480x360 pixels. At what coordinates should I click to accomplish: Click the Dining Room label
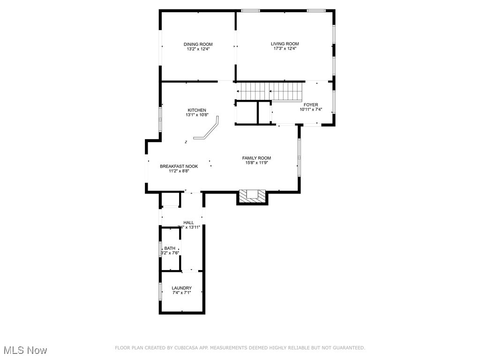click(198, 44)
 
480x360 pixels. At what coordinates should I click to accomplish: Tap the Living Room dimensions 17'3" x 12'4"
click(285, 49)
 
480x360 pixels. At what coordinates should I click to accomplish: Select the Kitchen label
click(197, 110)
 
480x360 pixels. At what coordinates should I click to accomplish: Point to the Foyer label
click(311, 105)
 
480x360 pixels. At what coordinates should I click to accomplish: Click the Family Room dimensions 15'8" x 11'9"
click(256, 163)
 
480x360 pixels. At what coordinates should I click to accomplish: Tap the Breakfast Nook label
click(179, 166)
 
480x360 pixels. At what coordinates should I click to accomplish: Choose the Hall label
click(188, 223)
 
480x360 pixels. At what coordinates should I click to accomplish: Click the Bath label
click(170, 248)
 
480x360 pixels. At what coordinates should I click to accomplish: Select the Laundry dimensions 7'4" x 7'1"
click(181, 293)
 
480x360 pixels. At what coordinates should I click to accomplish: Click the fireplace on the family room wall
click(252, 196)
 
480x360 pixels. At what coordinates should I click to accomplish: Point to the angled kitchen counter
click(209, 130)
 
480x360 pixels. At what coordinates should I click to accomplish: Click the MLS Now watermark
click(25, 350)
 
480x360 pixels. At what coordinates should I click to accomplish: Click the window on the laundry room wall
click(160, 292)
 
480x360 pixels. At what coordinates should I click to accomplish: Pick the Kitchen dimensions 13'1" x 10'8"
click(197, 115)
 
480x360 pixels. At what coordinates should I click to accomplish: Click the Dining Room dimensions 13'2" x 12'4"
click(198, 49)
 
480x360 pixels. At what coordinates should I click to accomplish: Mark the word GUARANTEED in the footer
click(348, 348)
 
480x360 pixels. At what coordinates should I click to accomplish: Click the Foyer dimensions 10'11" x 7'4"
click(311, 110)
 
